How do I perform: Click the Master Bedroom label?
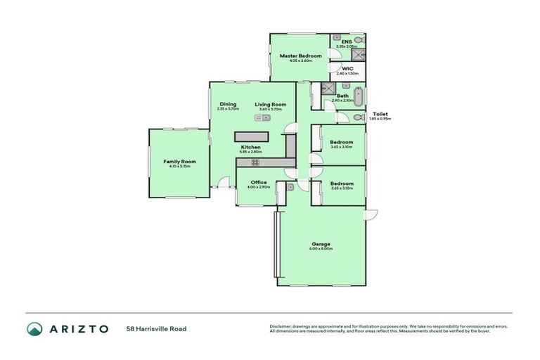tap(300, 56)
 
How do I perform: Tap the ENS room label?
tap(346, 42)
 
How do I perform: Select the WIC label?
tap(347, 68)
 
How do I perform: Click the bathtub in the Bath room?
tap(358, 96)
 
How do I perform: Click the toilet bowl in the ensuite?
tap(358, 41)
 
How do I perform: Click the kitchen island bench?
tap(252, 135)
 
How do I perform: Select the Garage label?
tap(321, 244)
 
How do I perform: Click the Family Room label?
tap(179, 161)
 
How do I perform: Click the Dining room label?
tap(228, 104)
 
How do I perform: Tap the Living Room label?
tap(270, 104)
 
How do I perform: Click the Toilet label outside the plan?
tap(380, 114)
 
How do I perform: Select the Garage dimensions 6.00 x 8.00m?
tap(321, 249)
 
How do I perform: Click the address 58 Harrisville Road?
tap(156, 328)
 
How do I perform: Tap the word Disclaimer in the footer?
tap(281, 326)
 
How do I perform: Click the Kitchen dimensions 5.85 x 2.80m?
tap(250, 152)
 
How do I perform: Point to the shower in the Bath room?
tap(328, 89)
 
